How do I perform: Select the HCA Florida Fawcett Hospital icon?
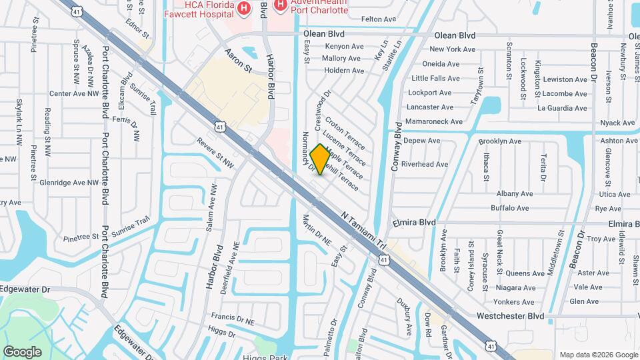[x=244, y=9]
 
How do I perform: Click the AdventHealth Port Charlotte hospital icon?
[x=280, y=5]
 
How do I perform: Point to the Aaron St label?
[x=238, y=61]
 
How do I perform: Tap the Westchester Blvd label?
[x=511, y=316]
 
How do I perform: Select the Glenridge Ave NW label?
[x=69, y=182]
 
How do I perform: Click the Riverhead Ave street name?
[x=425, y=164]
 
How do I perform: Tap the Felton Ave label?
[x=378, y=19]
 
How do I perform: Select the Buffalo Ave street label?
[x=511, y=208]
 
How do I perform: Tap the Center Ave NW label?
[x=73, y=94]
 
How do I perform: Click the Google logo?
[x=22, y=352]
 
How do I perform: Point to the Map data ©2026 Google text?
[x=597, y=355]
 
